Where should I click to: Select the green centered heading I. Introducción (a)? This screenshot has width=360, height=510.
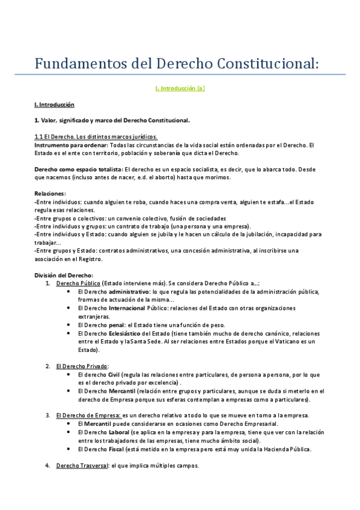pyautogui.click(x=180, y=88)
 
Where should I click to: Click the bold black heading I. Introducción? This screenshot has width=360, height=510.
pyautogui.click(x=54, y=104)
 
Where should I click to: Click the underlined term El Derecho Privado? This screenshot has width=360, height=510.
pyautogui.click(x=81, y=366)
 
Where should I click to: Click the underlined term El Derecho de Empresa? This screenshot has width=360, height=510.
pyautogui.click(x=88, y=415)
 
